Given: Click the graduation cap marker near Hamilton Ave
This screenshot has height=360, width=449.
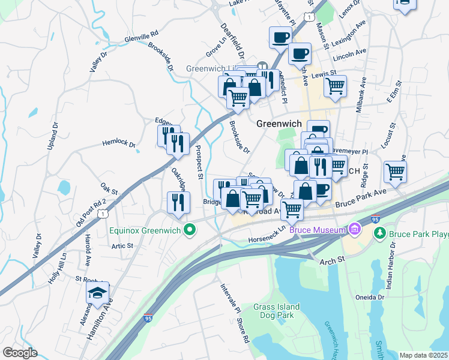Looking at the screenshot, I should tap(97, 294).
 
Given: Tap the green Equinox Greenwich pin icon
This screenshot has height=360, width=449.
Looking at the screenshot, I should tap(190, 229).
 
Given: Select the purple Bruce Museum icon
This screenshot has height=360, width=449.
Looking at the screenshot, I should tap(355, 229).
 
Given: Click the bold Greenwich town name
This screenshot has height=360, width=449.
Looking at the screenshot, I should tap(279, 124).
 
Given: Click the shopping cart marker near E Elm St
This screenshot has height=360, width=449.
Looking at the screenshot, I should tap(335, 86).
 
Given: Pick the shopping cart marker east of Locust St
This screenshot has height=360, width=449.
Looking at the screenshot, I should tap(395, 172).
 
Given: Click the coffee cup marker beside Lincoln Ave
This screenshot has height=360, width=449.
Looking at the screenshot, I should tap(299, 54).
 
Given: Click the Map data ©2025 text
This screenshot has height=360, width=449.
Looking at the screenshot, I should tap(423, 355).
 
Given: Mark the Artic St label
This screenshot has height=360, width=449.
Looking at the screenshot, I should tap(122, 245).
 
